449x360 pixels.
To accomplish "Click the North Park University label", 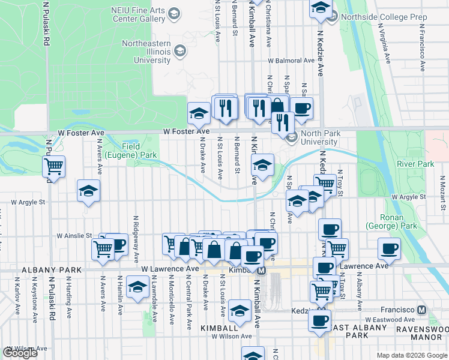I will pos(319,137).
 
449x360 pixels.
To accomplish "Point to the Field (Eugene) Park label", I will pos(131,151).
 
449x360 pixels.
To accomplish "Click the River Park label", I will pos(415,164).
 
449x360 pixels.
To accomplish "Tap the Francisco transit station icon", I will pos(421,310).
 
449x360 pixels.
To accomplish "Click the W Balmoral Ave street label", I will pos(291,61).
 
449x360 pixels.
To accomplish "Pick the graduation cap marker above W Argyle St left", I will pos(88,191).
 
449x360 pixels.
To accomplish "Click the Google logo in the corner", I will pos(20,353).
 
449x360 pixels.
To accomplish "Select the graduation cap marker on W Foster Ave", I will pos(199,112).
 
